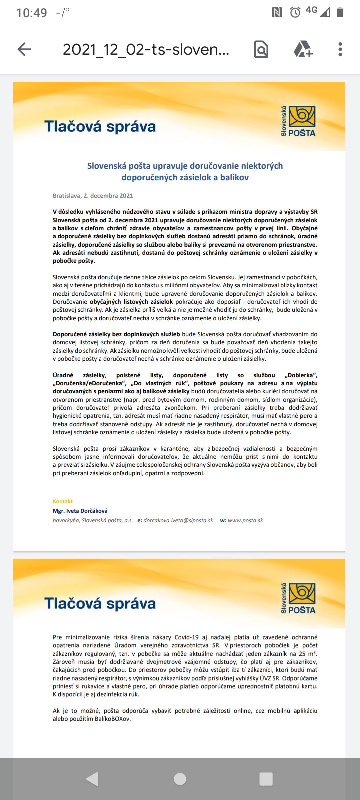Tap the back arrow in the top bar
[x=24, y=49]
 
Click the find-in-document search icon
[x=261, y=49]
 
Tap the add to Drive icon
[x=303, y=49]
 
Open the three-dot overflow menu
[x=340, y=49]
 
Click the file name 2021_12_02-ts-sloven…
[x=146, y=49]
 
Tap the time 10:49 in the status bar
[x=31, y=13]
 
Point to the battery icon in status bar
[x=340, y=12]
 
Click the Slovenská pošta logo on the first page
[x=298, y=121]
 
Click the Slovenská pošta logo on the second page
[x=298, y=598]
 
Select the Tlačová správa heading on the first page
[x=100, y=126]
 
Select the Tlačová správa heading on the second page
[x=100, y=603]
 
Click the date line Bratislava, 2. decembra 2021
[x=93, y=196]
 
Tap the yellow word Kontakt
[x=63, y=501]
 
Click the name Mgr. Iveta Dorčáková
[x=80, y=511]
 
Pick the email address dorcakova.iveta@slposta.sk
[x=178, y=520]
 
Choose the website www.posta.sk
[x=245, y=520]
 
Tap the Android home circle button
[x=180, y=779]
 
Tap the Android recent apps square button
[x=266, y=779]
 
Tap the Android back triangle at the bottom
[x=93, y=779]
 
